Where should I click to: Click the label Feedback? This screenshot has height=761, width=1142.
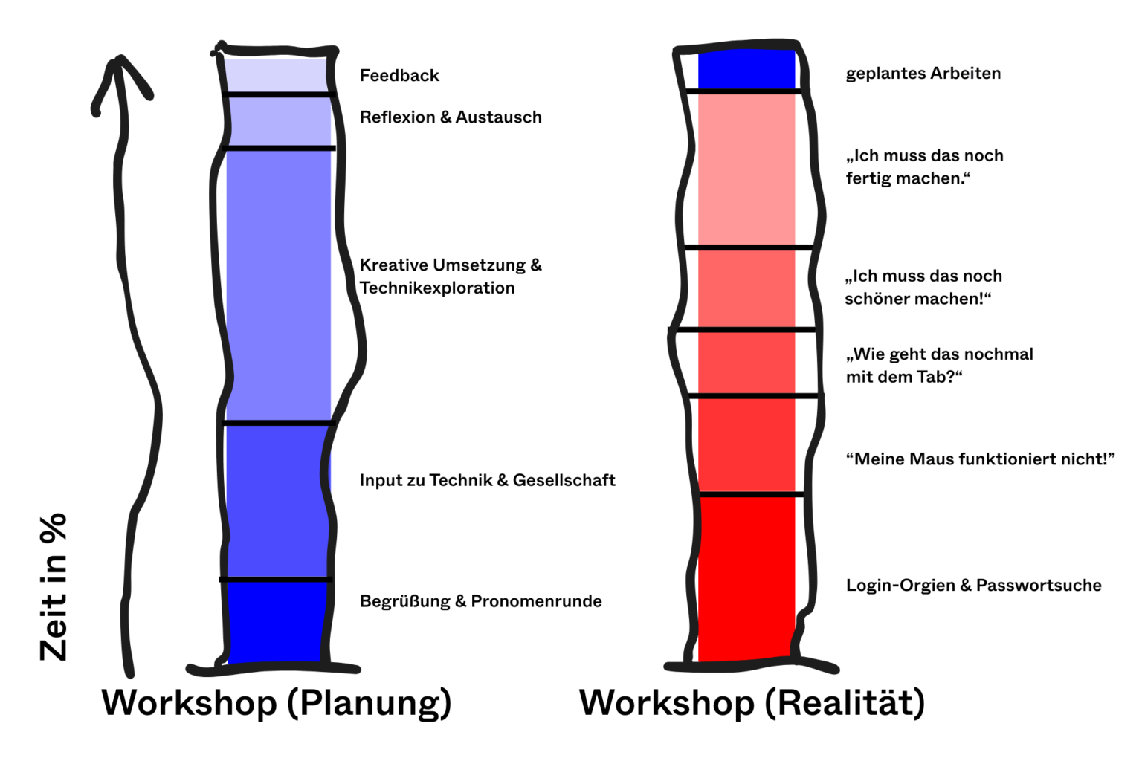coord(399,76)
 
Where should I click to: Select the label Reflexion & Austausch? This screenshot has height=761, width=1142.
coord(451,117)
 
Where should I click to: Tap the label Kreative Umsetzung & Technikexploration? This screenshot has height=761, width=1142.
coord(451,276)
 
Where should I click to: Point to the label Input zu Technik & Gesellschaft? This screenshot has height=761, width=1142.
coord(487,481)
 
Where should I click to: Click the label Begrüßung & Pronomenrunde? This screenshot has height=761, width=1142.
coord(480,601)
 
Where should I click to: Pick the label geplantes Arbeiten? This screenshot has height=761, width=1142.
coord(923,74)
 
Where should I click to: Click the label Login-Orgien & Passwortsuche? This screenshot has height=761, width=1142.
coord(973,586)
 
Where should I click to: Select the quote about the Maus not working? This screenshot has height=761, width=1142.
coord(980,459)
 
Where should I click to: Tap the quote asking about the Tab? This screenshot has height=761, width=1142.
coord(939,365)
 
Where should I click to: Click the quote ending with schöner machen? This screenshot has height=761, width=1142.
coord(923,288)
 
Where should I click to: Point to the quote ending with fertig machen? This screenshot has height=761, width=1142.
coord(924,167)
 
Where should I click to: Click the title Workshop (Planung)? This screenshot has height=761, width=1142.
coord(277,703)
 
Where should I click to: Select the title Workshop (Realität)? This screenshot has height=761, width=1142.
coord(752,703)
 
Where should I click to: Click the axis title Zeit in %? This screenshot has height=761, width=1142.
coord(54,587)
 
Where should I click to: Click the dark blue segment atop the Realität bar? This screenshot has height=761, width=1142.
coord(746,70)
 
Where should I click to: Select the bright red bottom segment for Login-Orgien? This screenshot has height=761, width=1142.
coord(746,576)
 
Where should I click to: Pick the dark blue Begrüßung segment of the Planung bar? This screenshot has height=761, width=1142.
coord(277,621)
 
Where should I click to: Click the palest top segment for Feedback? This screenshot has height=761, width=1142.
coord(277,74)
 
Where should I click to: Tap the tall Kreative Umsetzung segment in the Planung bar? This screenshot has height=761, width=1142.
coord(278,286)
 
